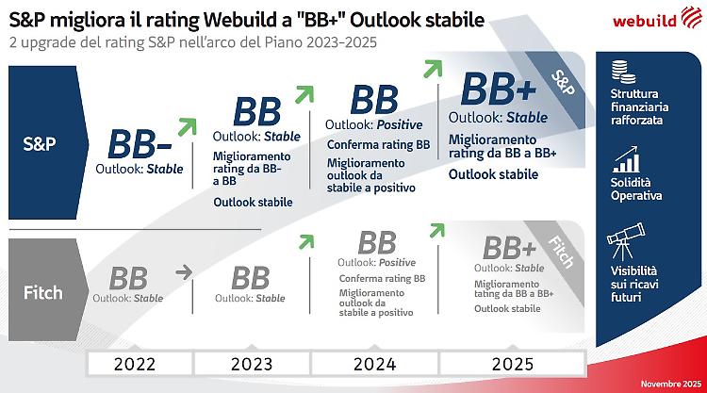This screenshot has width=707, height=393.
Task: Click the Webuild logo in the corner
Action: tap(649, 21)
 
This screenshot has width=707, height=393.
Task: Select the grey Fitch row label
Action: tap(41, 292)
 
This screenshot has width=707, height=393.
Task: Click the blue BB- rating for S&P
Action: tap(139, 143)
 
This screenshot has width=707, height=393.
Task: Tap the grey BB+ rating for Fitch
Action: tap(509, 249)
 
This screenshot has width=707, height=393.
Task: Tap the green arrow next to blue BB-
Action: tap(187, 127)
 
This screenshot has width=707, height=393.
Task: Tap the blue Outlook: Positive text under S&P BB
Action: tap(374, 125)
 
